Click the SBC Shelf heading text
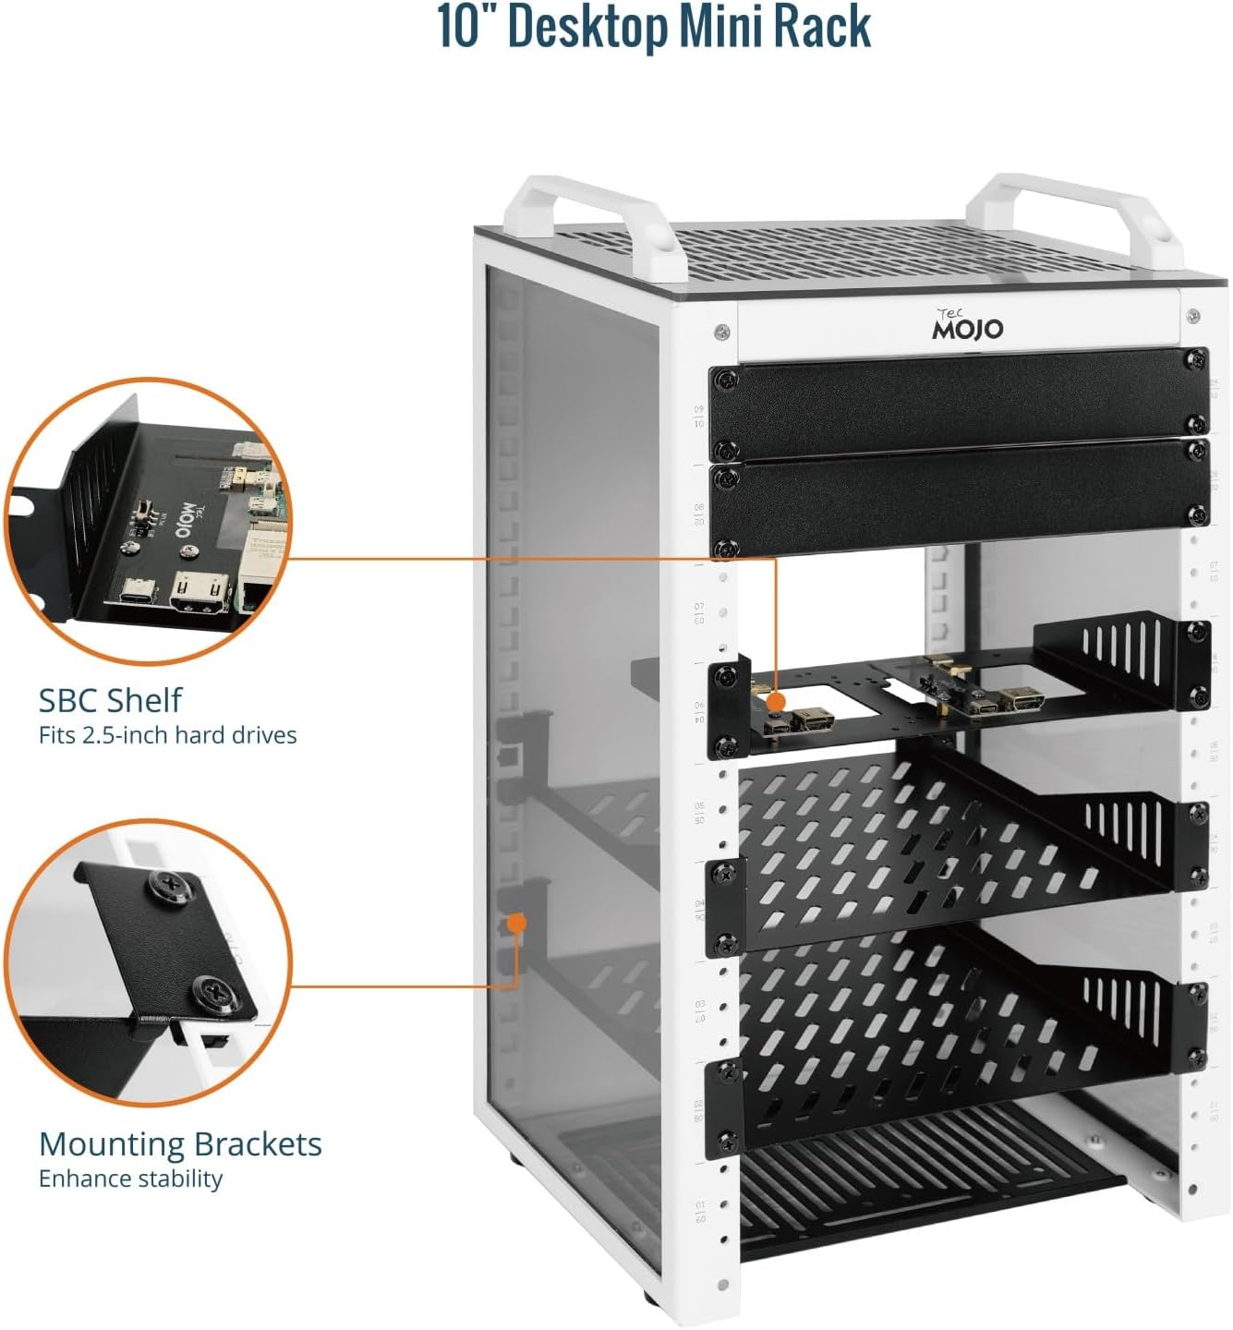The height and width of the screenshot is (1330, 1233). (111, 700)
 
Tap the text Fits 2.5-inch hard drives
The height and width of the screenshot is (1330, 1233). (167, 735)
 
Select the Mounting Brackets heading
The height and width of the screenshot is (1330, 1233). (180, 1144)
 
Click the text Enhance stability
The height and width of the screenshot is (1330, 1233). (130, 1179)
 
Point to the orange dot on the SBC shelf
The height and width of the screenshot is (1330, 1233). (777, 703)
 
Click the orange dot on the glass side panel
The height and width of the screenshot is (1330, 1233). (517, 922)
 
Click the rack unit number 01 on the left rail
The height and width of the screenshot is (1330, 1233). (700, 1206)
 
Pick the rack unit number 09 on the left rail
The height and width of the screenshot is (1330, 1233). (699, 409)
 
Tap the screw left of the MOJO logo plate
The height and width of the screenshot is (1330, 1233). (721, 330)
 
